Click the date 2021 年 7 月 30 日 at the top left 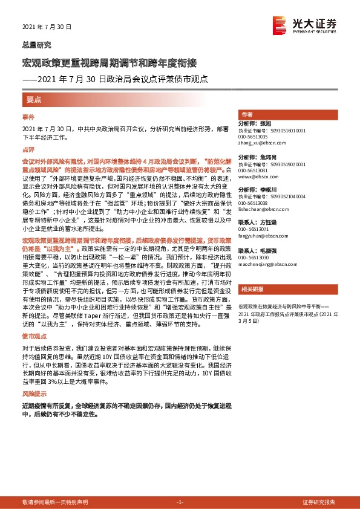pos(47,27)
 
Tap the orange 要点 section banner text pos(34,98)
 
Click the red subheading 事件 pos(28,116)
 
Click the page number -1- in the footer pos(180,502)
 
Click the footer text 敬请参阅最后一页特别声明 pos(55,502)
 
